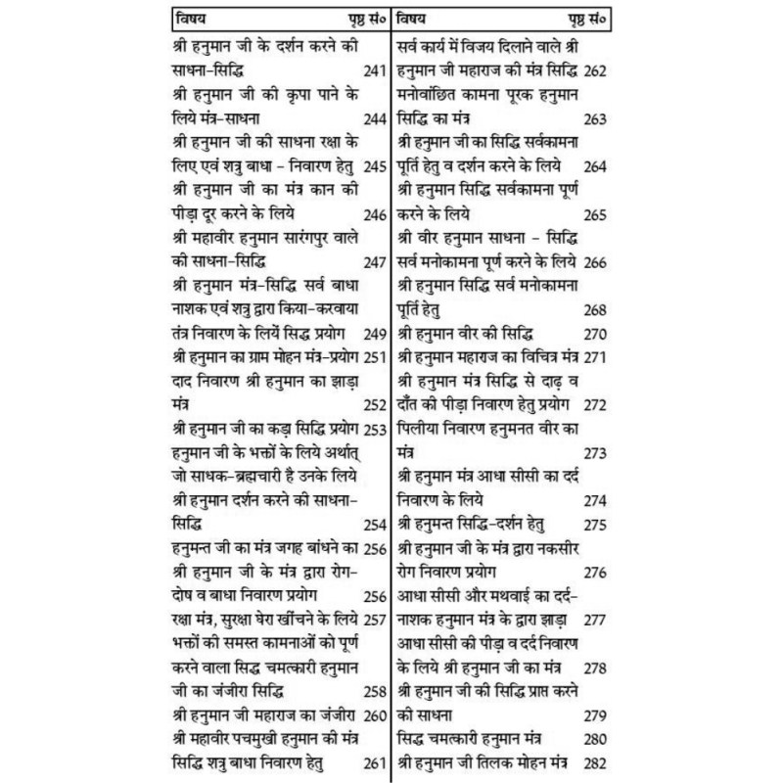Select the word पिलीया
pos(422,428)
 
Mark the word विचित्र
pos(559,356)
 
